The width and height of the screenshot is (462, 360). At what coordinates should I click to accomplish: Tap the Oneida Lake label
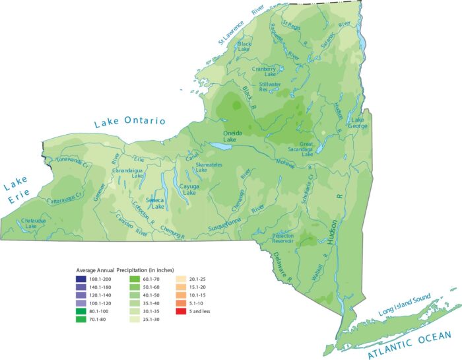point(230,136)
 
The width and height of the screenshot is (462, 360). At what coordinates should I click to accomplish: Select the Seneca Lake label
point(154,203)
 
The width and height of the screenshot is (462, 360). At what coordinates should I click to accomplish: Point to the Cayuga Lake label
point(189,190)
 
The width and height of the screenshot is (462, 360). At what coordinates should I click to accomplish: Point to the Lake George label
point(358,123)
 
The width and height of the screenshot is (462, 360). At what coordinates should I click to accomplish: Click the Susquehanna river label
point(226,227)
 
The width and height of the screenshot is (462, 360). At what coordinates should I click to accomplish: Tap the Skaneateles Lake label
point(211,167)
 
